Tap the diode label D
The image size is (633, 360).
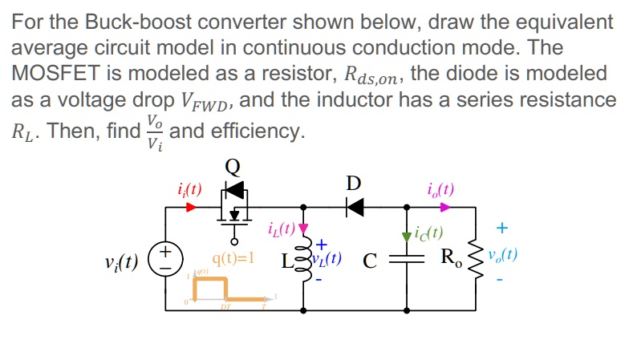tap(354, 183)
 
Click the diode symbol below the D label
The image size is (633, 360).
tap(354, 208)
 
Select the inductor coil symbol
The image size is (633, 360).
tap(304, 260)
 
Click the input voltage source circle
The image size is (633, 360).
tap(165, 260)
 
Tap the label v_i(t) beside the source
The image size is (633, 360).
tap(121, 261)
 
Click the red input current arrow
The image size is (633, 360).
tap(191, 207)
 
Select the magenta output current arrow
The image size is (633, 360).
tap(445, 207)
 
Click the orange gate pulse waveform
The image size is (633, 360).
tap(225, 289)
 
